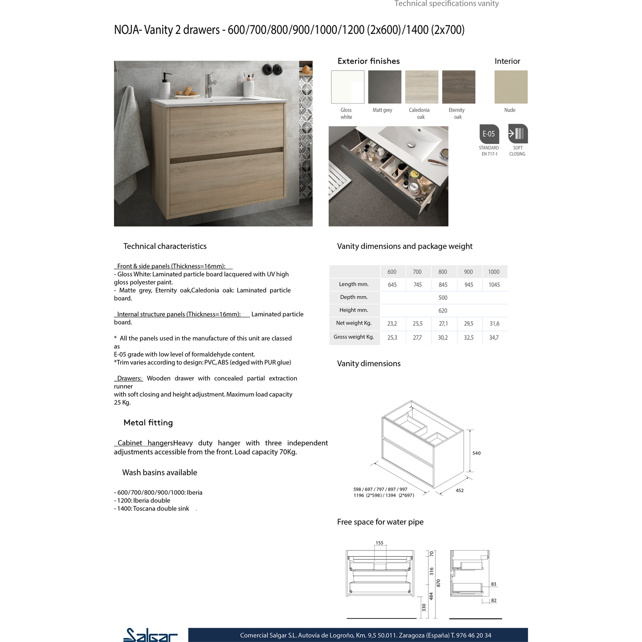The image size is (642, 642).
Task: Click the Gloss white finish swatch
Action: click(x=347, y=87)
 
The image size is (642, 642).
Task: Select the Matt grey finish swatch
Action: click(x=385, y=87)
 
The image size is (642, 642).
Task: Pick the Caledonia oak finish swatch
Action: click(x=422, y=87)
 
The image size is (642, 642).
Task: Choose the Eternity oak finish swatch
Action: click(x=459, y=87)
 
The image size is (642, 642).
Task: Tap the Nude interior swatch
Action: click(x=511, y=87)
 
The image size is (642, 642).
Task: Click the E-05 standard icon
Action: click(x=489, y=134)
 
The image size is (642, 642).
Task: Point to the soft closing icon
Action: click(x=518, y=134)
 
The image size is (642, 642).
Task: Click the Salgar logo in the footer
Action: click(x=150, y=635)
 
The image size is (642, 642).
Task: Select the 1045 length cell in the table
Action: click(x=494, y=285)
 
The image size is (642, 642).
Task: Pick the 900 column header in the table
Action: click(x=468, y=272)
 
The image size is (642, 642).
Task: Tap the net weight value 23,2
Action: click(x=392, y=324)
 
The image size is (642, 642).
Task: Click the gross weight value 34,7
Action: click(x=494, y=338)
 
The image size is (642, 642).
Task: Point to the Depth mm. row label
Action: click(x=354, y=297)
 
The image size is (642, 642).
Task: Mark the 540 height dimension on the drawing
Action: click(x=476, y=453)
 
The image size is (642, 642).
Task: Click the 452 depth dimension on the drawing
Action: click(x=459, y=490)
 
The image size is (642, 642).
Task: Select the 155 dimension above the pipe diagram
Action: click(x=379, y=543)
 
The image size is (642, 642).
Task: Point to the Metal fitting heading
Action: click(x=148, y=423)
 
